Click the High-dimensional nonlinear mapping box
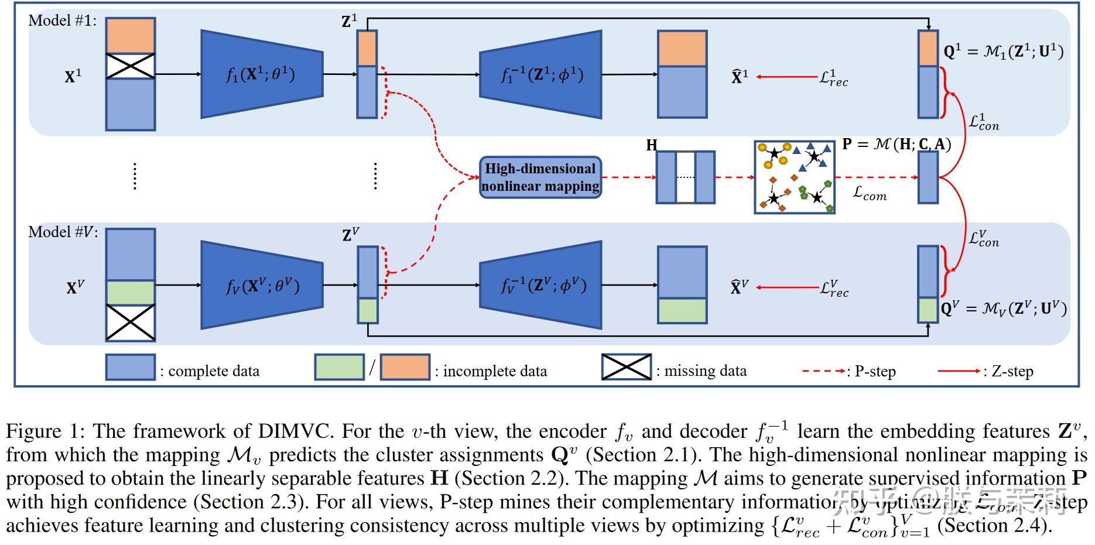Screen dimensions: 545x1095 pyautogui.click(x=540, y=177)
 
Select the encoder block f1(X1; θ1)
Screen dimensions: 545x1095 pyautogui.click(x=261, y=74)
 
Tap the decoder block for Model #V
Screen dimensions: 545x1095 pyautogui.click(x=540, y=285)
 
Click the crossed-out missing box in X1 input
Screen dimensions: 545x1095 pyautogui.click(x=130, y=66)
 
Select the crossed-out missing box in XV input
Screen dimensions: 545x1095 pyautogui.click(x=130, y=322)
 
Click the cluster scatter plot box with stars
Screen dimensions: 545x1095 pyautogui.click(x=794, y=177)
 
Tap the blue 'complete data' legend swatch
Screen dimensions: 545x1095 pyautogui.click(x=130, y=368)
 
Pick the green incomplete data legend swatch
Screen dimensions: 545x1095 pyautogui.click(x=339, y=368)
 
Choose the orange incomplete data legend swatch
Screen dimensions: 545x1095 pyautogui.click(x=405, y=368)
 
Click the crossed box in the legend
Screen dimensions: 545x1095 pyautogui.click(x=626, y=367)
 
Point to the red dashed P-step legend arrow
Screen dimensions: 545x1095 pyautogui.click(x=823, y=371)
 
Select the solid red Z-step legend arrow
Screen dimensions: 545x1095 pyautogui.click(x=959, y=371)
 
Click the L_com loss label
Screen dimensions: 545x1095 pyautogui.click(x=870, y=193)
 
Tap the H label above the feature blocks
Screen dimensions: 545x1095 pyautogui.click(x=651, y=145)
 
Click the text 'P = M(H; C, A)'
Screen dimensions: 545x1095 pyautogui.click(x=896, y=144)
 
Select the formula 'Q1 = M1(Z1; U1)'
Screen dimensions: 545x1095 pyautogui.click(x=1003, y=52)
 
